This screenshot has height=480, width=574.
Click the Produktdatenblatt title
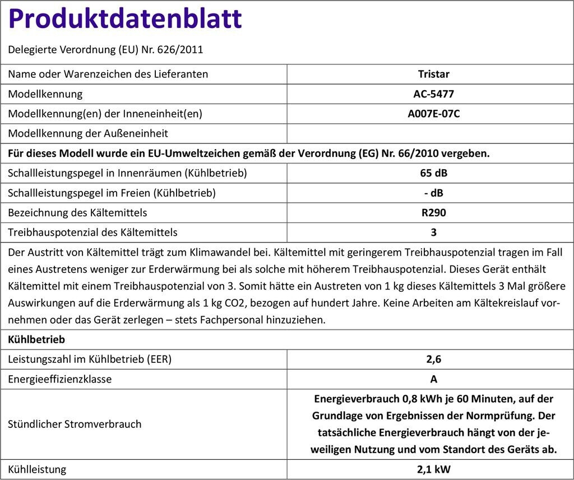[x=125, y=19]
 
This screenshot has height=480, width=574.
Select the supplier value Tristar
[x=433, y=74]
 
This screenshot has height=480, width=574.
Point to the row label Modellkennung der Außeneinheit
[x=88, y=133]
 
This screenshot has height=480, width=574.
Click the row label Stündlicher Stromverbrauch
[x=75, y=424]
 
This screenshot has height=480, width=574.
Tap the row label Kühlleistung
[x=37, y=469]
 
